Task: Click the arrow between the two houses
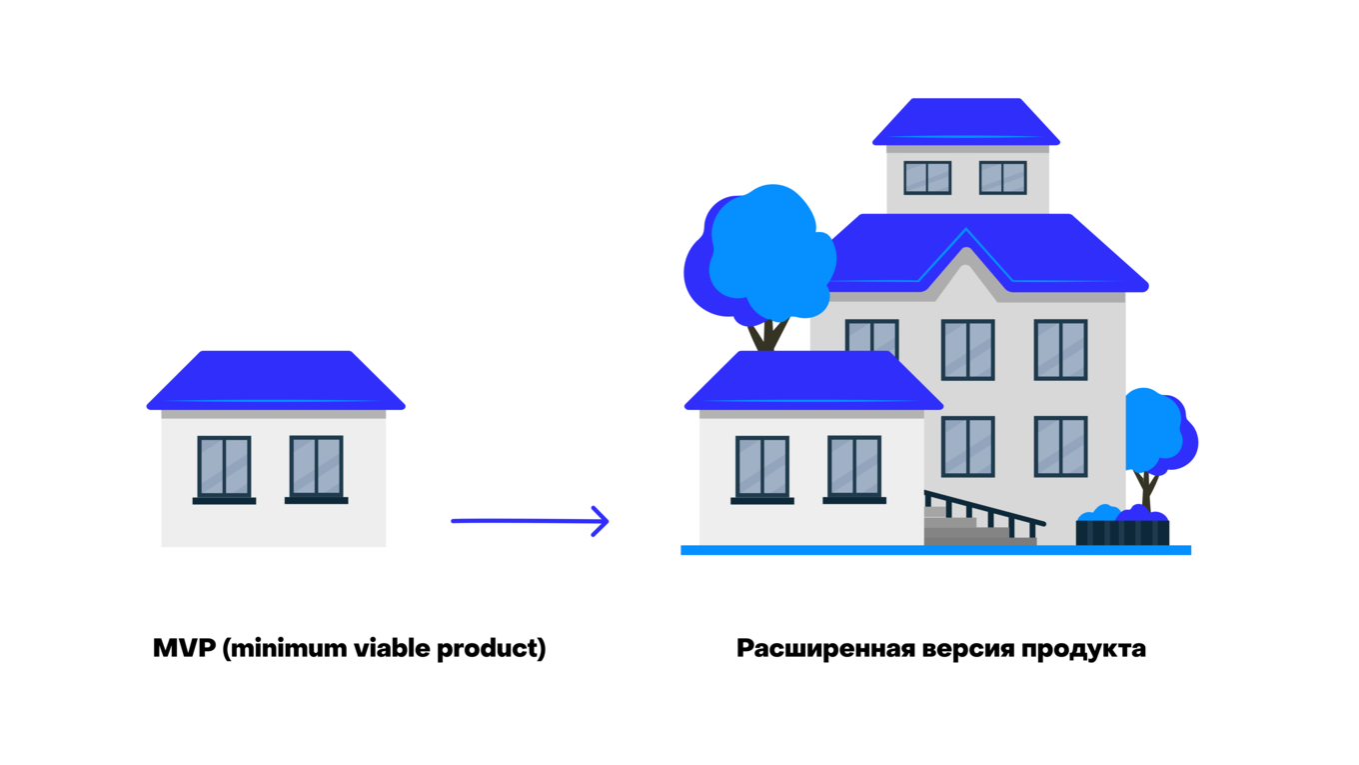530,521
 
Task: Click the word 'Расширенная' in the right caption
825,648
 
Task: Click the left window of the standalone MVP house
224,466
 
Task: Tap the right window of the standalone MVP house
316,466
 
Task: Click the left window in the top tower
927,178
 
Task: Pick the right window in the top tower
1002,178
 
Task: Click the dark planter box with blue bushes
1122,533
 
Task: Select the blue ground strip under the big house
935,550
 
